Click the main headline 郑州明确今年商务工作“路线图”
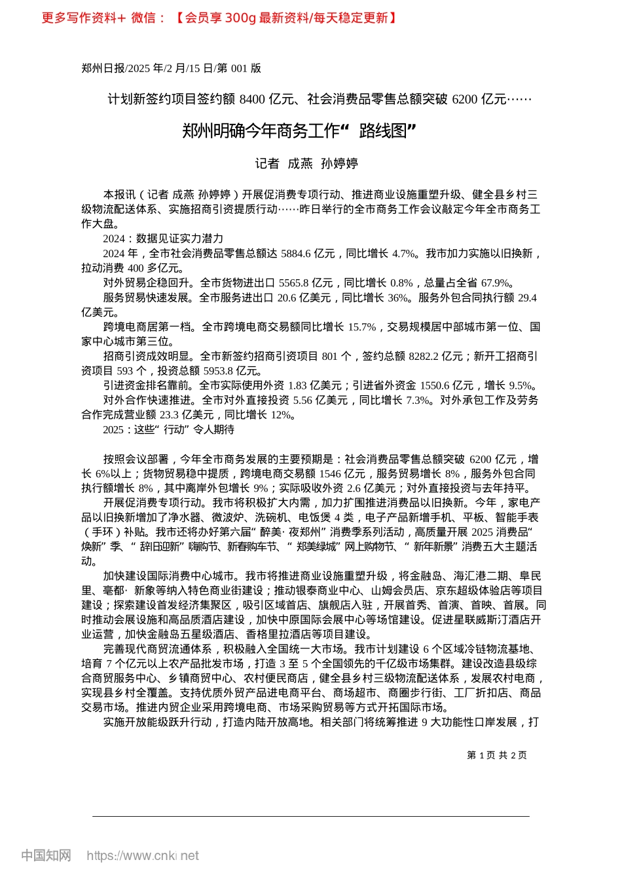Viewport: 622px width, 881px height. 299,131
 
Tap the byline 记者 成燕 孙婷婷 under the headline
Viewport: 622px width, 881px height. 306,164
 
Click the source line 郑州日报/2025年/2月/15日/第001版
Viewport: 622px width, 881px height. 171,68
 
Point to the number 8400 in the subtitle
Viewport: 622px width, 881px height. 252,99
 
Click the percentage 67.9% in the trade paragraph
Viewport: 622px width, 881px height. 496,283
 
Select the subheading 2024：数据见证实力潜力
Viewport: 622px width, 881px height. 163,239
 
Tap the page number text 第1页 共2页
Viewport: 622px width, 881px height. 497,755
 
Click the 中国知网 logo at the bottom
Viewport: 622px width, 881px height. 46,855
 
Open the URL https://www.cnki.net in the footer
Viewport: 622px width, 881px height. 143,855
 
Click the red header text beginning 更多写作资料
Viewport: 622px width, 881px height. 219,18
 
